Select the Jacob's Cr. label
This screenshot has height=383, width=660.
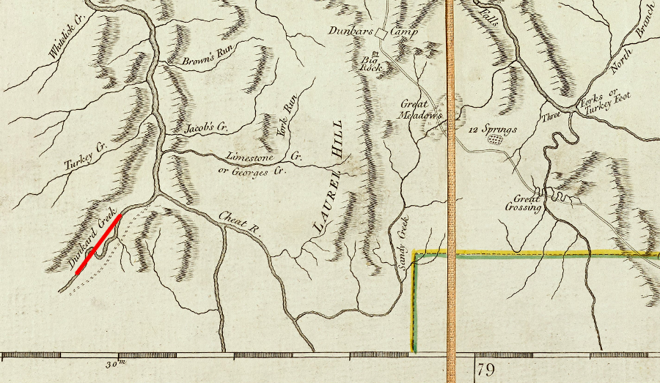(206, 128)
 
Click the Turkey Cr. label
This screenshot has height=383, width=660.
(86, 155)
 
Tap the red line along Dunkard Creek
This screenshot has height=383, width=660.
(98, 245)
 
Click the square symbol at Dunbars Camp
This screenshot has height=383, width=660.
(381, 34)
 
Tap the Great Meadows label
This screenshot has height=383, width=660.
(422, 109)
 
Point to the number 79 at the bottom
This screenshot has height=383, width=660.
(485, 368)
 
